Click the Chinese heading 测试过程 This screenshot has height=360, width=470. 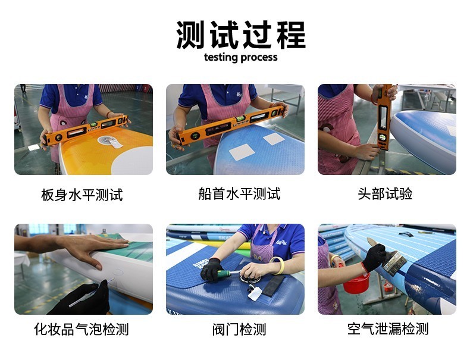(x=241, y=35)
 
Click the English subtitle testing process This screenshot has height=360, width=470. (x=241, y=57)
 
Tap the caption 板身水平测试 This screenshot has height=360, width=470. (x=82, y=195)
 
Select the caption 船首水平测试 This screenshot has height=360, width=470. (x=239, y=193)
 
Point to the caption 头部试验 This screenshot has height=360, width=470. (x=385, y=193)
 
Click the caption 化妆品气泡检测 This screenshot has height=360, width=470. (x=82, y=329)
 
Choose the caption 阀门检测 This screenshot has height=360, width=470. (x=239, y=330)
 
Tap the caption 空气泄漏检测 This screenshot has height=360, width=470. (x=388, y=329)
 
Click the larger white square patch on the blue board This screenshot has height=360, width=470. (x=242, y=152)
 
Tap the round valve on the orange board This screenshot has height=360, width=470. (x=106, y=140)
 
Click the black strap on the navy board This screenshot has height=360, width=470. (x=274, y=286)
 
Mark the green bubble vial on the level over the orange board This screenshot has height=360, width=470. (x=93, y=124)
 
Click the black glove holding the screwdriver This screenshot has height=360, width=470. (x=211, y=270)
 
